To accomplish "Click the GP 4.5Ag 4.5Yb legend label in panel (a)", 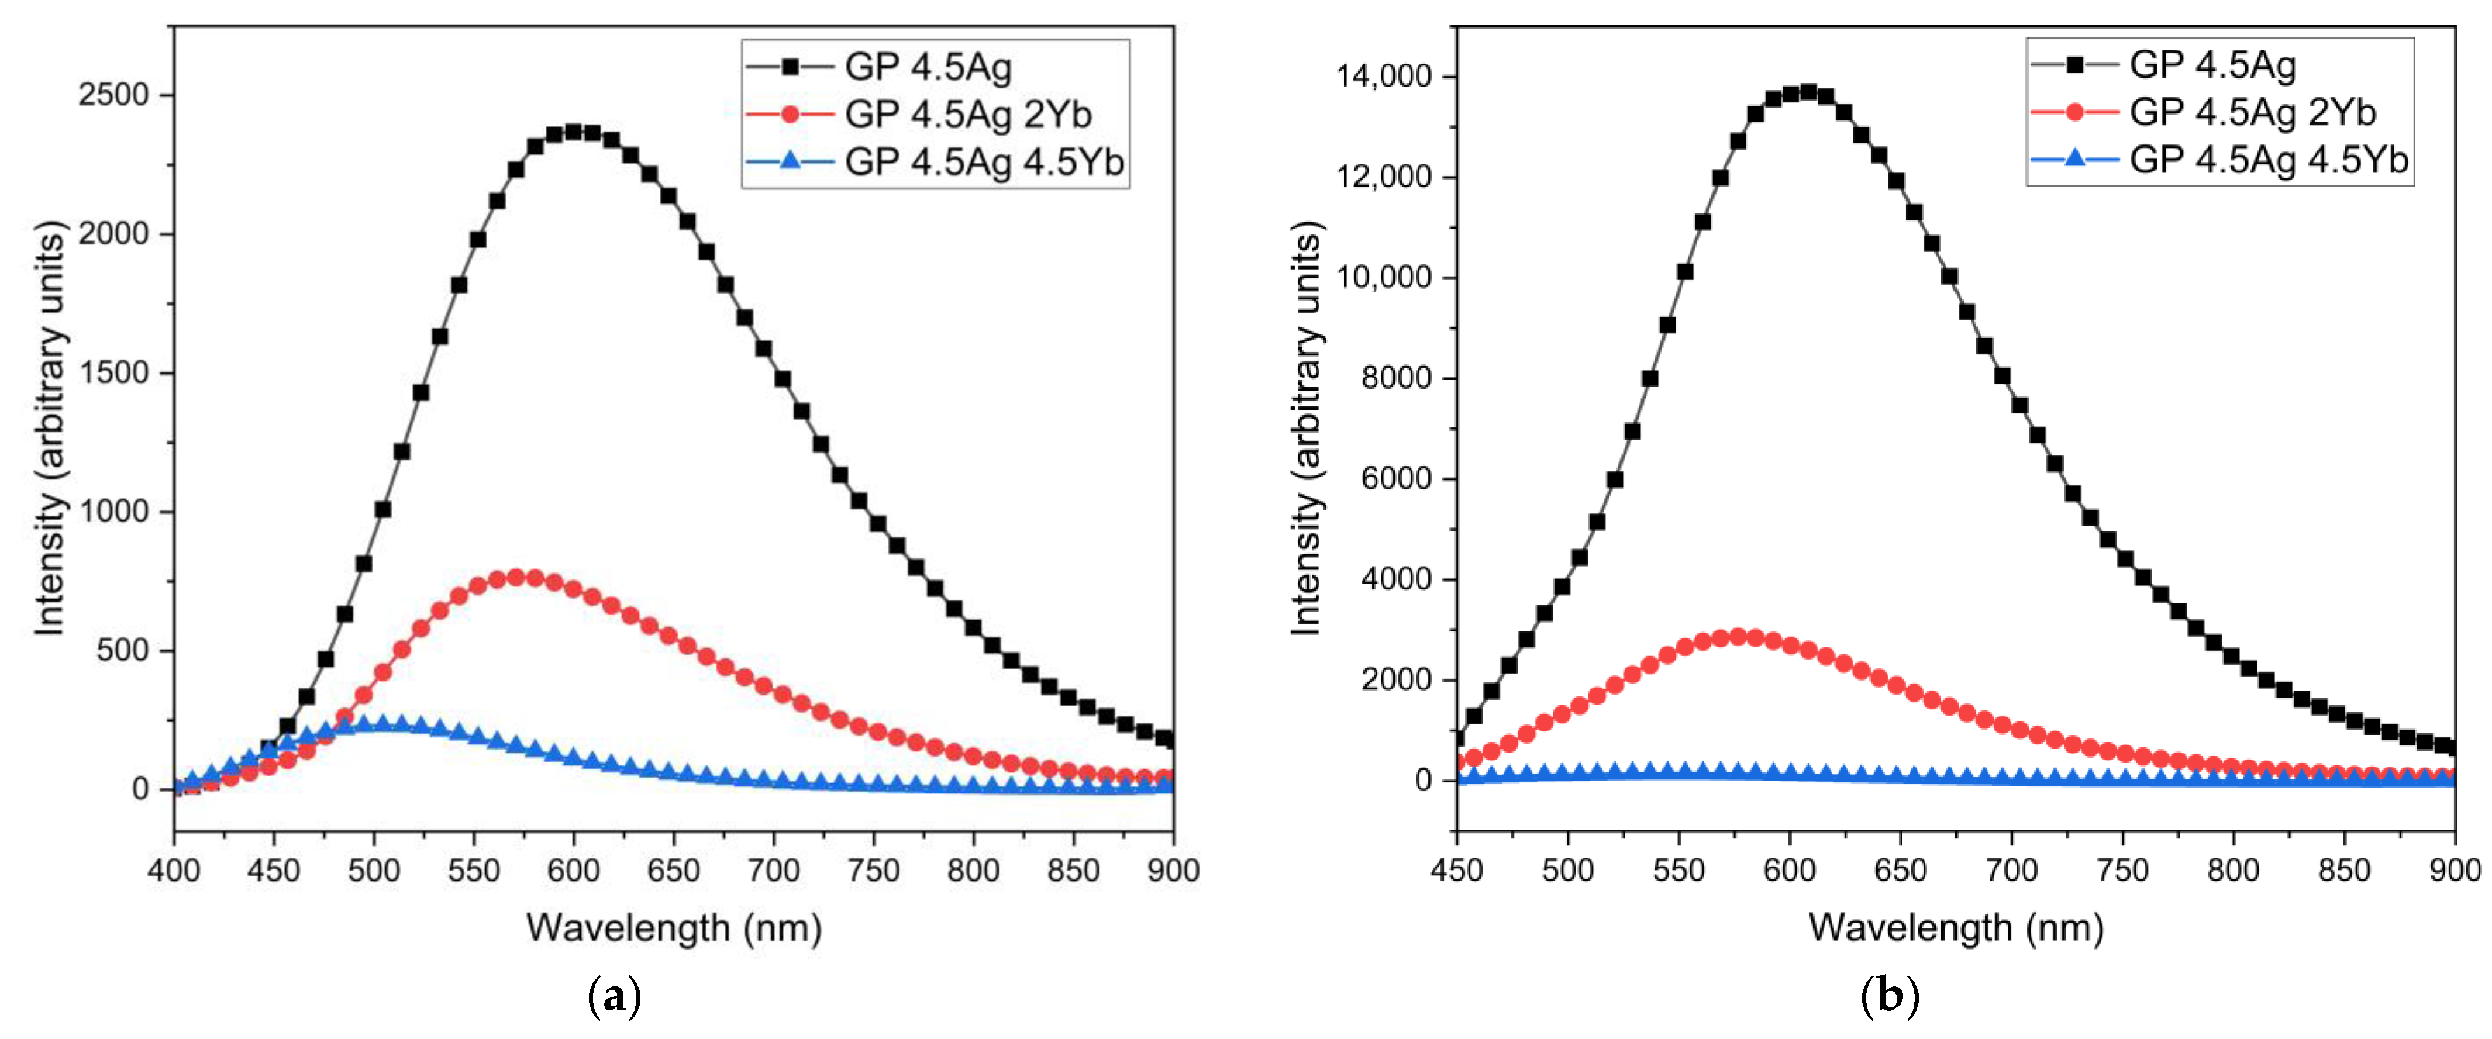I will click(x=984, y=161).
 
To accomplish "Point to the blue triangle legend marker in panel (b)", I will click(x=2074, y=158).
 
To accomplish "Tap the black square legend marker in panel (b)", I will click(x=2074, y=65).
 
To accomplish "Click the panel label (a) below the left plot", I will click(x=614, y=996).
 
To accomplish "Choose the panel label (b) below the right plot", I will click(x=1889, y=996).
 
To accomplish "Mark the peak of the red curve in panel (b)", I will click(x=1738, y=637).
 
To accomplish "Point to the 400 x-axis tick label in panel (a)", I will click(x=174, y=871).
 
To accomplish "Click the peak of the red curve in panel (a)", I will click(x=516, y=578).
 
